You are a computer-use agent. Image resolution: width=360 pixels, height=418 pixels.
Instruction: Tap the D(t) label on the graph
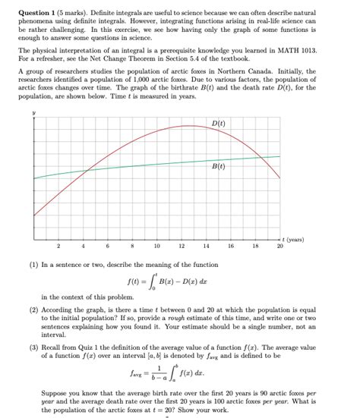(x=217, y=124)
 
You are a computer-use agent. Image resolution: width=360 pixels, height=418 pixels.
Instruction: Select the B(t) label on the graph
(x=217, y=165)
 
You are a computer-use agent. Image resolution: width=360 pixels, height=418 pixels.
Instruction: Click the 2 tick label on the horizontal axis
(x=58, y=246)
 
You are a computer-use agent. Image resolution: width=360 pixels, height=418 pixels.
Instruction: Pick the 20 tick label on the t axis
(x=279, y=246)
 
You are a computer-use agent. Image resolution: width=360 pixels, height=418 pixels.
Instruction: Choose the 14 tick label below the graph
(x=206, y=246)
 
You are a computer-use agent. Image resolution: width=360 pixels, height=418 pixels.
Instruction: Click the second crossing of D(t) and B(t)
(x=261, y=157)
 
